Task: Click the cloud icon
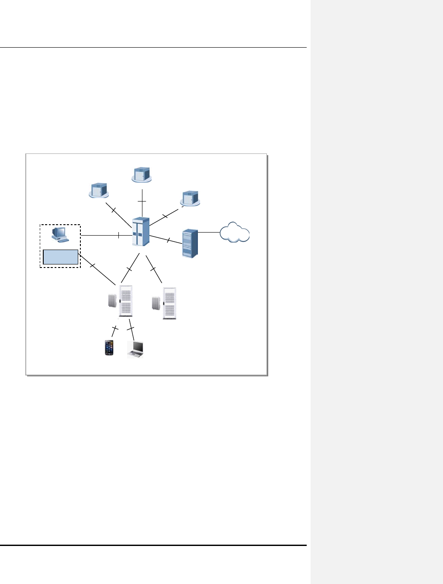(x=235, y=233)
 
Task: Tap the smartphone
(x=109, y=348)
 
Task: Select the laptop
(x=136, y=349)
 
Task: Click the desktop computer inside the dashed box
(x=59, y=234)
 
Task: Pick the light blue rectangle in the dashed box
(x=60, y=257)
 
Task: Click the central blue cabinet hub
(x=140, y=232)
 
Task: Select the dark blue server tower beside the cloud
(x=190, y=243)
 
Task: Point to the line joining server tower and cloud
(x=208, y=232)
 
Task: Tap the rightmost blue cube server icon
(x=190, y=198)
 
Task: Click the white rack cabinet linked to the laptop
(x=125, y=301)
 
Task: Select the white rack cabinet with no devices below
(x=170, y=303)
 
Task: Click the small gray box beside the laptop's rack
(x=112, y=301)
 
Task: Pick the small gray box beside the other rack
(x=156, y=303)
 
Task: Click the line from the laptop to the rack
(x=131, y=328)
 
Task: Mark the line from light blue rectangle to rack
(x=97, y=268)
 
